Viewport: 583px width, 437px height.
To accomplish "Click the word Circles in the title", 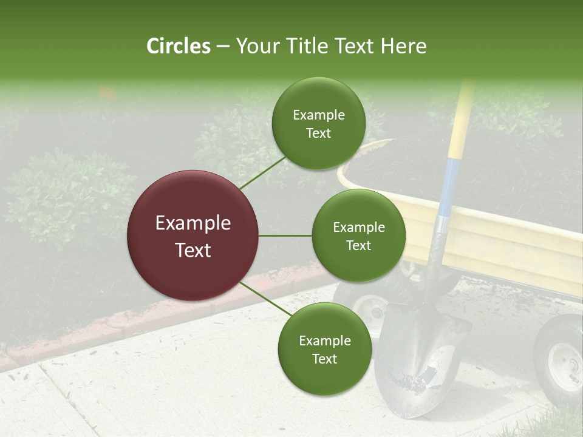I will [179, 46].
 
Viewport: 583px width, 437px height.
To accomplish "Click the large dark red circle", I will [193, 235].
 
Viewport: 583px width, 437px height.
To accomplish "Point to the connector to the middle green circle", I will [285, 235].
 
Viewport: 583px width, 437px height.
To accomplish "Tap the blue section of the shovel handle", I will [448, 188].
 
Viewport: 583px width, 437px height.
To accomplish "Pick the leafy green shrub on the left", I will [67, 194].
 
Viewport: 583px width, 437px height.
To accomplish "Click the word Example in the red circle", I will [193, 223].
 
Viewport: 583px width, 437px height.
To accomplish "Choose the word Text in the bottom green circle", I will [324, 359].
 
